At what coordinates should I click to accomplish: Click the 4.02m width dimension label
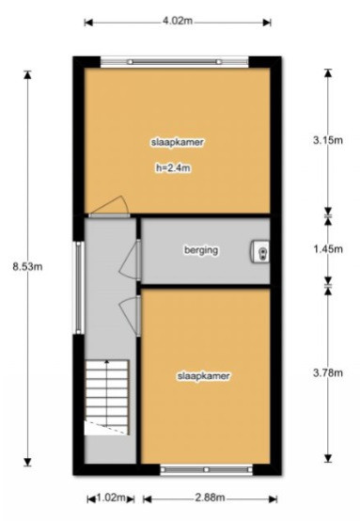tap(178, 21)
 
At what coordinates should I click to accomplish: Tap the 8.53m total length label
tap(27, 266)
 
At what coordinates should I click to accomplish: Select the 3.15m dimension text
tap(328, 140)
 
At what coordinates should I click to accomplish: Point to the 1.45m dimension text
tap(328, 248)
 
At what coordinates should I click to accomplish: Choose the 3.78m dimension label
tap(328, 372)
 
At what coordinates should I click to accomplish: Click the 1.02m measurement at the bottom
tap(111, 497)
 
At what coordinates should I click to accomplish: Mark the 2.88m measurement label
tap(210, 497)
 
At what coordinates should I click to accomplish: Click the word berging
tap(201, 250)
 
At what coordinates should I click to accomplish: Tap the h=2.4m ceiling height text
tap(173, 168)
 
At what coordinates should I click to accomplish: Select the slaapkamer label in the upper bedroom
tap(178, 142)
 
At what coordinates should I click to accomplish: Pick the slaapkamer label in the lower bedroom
tap(204, 376)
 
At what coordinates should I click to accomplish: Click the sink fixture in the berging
tap(260, 251)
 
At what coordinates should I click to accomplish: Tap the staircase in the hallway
tap(107, 398)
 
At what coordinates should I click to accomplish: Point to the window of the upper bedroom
tap(174, 62)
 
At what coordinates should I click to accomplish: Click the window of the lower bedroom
tap(206, 469)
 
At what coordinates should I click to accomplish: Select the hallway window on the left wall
tap(79, 288)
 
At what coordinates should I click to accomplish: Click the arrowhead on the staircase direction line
tap(106, 362)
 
